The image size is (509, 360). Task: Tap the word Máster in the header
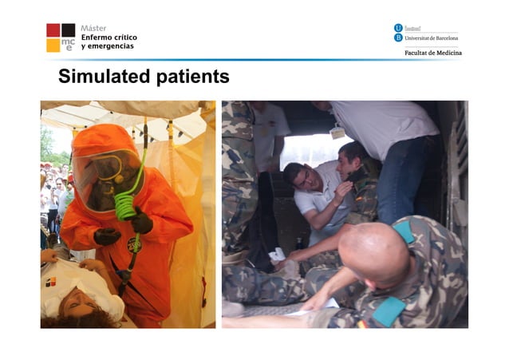coord(94,28)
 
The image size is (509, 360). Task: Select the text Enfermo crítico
coord(109,38)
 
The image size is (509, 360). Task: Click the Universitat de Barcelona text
coord(432,38)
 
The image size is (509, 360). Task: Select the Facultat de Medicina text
coord(433,53)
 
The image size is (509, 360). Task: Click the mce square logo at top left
coord(61,38)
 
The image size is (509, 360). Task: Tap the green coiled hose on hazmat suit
coord(126,204)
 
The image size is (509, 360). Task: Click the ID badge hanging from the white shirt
coord(338,133)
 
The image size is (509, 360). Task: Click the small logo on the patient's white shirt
coord(51,282)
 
